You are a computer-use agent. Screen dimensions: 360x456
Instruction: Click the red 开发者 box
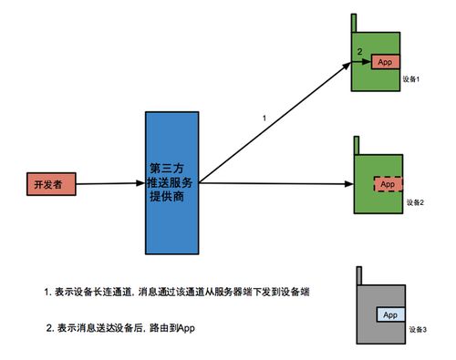tap(46, 183)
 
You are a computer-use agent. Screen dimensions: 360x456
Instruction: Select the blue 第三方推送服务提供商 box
tap(172, 182)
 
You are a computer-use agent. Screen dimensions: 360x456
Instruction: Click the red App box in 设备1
tap(385, 62)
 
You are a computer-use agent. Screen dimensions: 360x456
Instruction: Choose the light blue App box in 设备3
tap(390, 314)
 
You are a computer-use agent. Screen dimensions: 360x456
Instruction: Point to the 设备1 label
tap(409, 80)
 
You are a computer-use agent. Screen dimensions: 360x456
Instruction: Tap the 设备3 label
tap(415, 328)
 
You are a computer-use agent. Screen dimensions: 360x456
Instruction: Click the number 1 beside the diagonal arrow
tap(264, 118)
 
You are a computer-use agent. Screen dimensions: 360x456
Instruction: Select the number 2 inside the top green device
tap(360, 50)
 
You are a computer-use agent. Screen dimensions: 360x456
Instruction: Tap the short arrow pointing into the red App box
tap(363, 63)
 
